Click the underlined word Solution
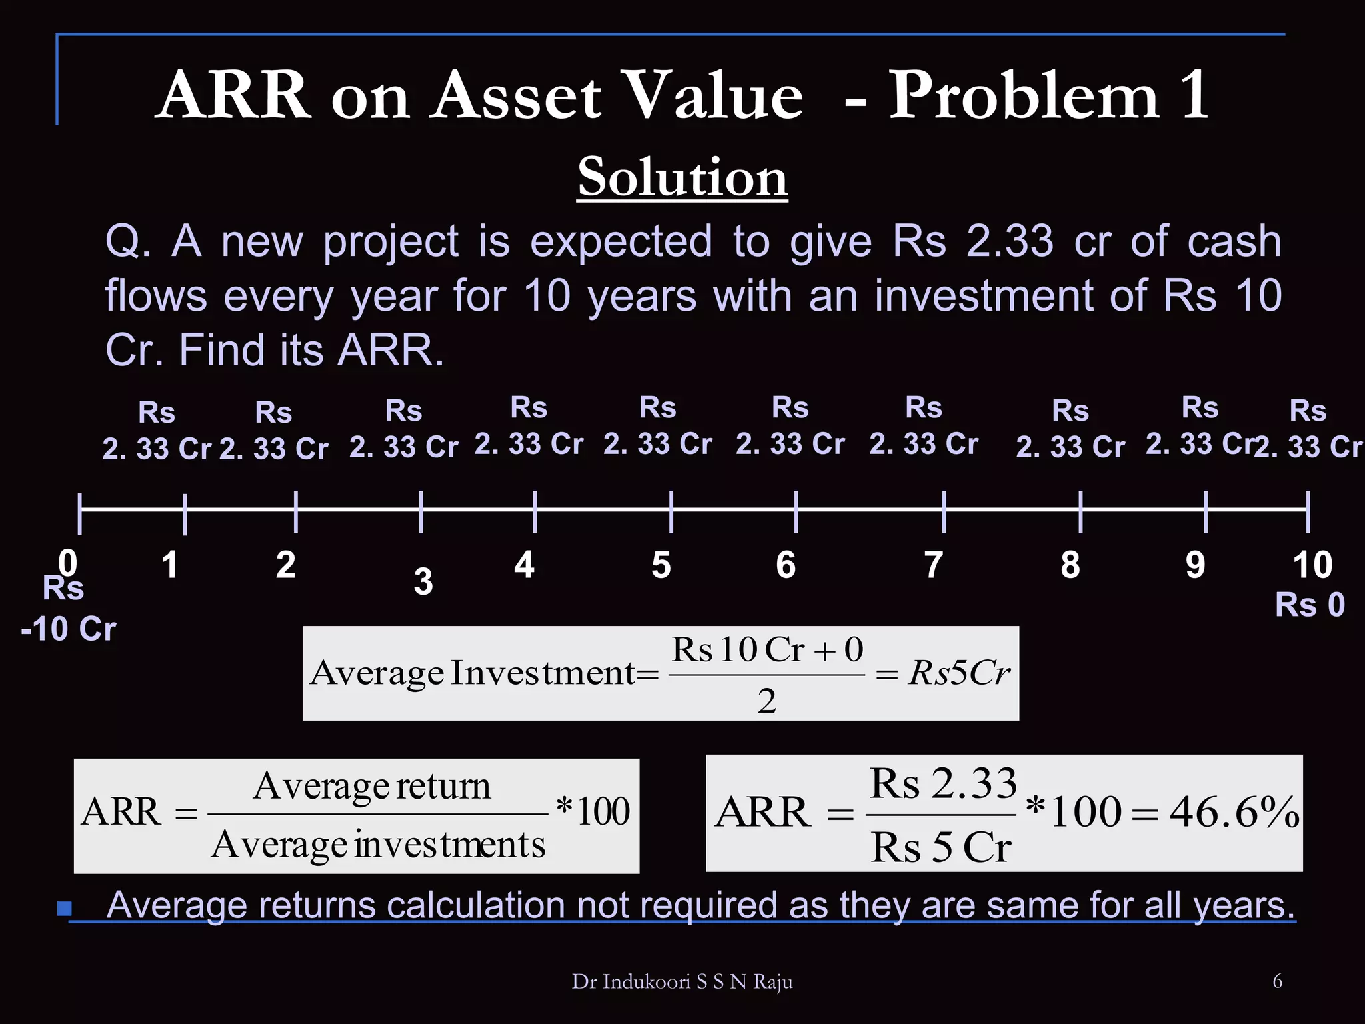(682, 177)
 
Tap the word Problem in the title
(1024, 97)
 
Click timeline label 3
(423, 581)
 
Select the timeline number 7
(934, 565)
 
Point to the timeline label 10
(1312, 565)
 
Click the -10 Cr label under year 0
(69, 629)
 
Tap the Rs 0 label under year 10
(1310, 605)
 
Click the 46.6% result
(1234, 813)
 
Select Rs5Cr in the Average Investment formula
(959, 673)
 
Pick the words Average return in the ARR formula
(372, 787)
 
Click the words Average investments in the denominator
(378, 845)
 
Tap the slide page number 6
(1277, 981)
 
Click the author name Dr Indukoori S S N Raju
(682, 981)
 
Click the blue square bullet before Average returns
(65, 908)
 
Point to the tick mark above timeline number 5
(671, 511)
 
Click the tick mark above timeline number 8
(1080, 511)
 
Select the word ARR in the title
(234, 97)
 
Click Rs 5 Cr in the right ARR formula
(940, 848)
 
